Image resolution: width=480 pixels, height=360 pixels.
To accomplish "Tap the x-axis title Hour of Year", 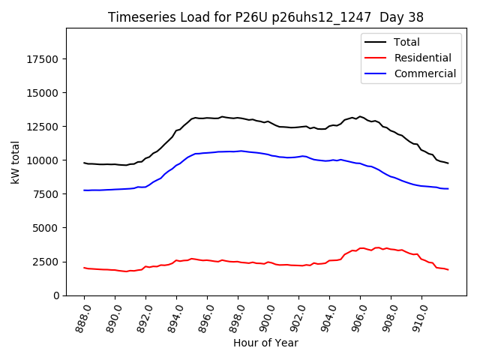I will tap(265, 343).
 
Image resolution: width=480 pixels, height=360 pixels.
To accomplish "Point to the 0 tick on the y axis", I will tap(56, 295).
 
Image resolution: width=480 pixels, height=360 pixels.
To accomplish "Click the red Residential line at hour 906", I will tap(361, 248).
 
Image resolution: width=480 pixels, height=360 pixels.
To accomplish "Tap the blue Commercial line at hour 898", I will tap(238, 151).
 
